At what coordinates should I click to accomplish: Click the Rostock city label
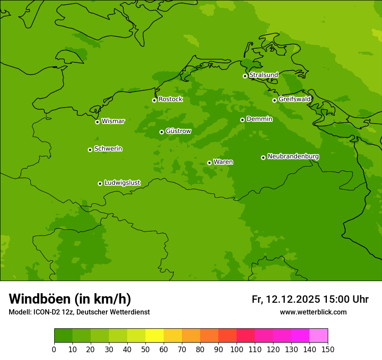point(170,99)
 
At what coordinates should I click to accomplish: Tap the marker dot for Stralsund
point(245,76)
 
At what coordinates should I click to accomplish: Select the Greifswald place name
point(294,99)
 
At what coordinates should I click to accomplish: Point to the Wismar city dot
point(97,122)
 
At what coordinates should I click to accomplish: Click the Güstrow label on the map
point(178,131)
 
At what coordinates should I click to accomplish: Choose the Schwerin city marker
point(90,150)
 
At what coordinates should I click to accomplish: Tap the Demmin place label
point(259,119)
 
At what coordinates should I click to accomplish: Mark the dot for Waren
point(209,163)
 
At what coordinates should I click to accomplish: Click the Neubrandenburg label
point(293,157)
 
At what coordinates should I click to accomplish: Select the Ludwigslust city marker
point(100,183)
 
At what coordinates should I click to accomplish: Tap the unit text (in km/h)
point(103,299)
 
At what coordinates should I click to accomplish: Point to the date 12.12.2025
point(293,299)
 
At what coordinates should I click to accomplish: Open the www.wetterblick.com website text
point(313,312)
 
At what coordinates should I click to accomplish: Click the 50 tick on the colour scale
point(145,349)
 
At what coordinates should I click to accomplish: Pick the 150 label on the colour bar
point(328,349)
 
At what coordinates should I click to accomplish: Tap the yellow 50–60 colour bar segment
point(155,336)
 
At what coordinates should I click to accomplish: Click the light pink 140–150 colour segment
point(319,336)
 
